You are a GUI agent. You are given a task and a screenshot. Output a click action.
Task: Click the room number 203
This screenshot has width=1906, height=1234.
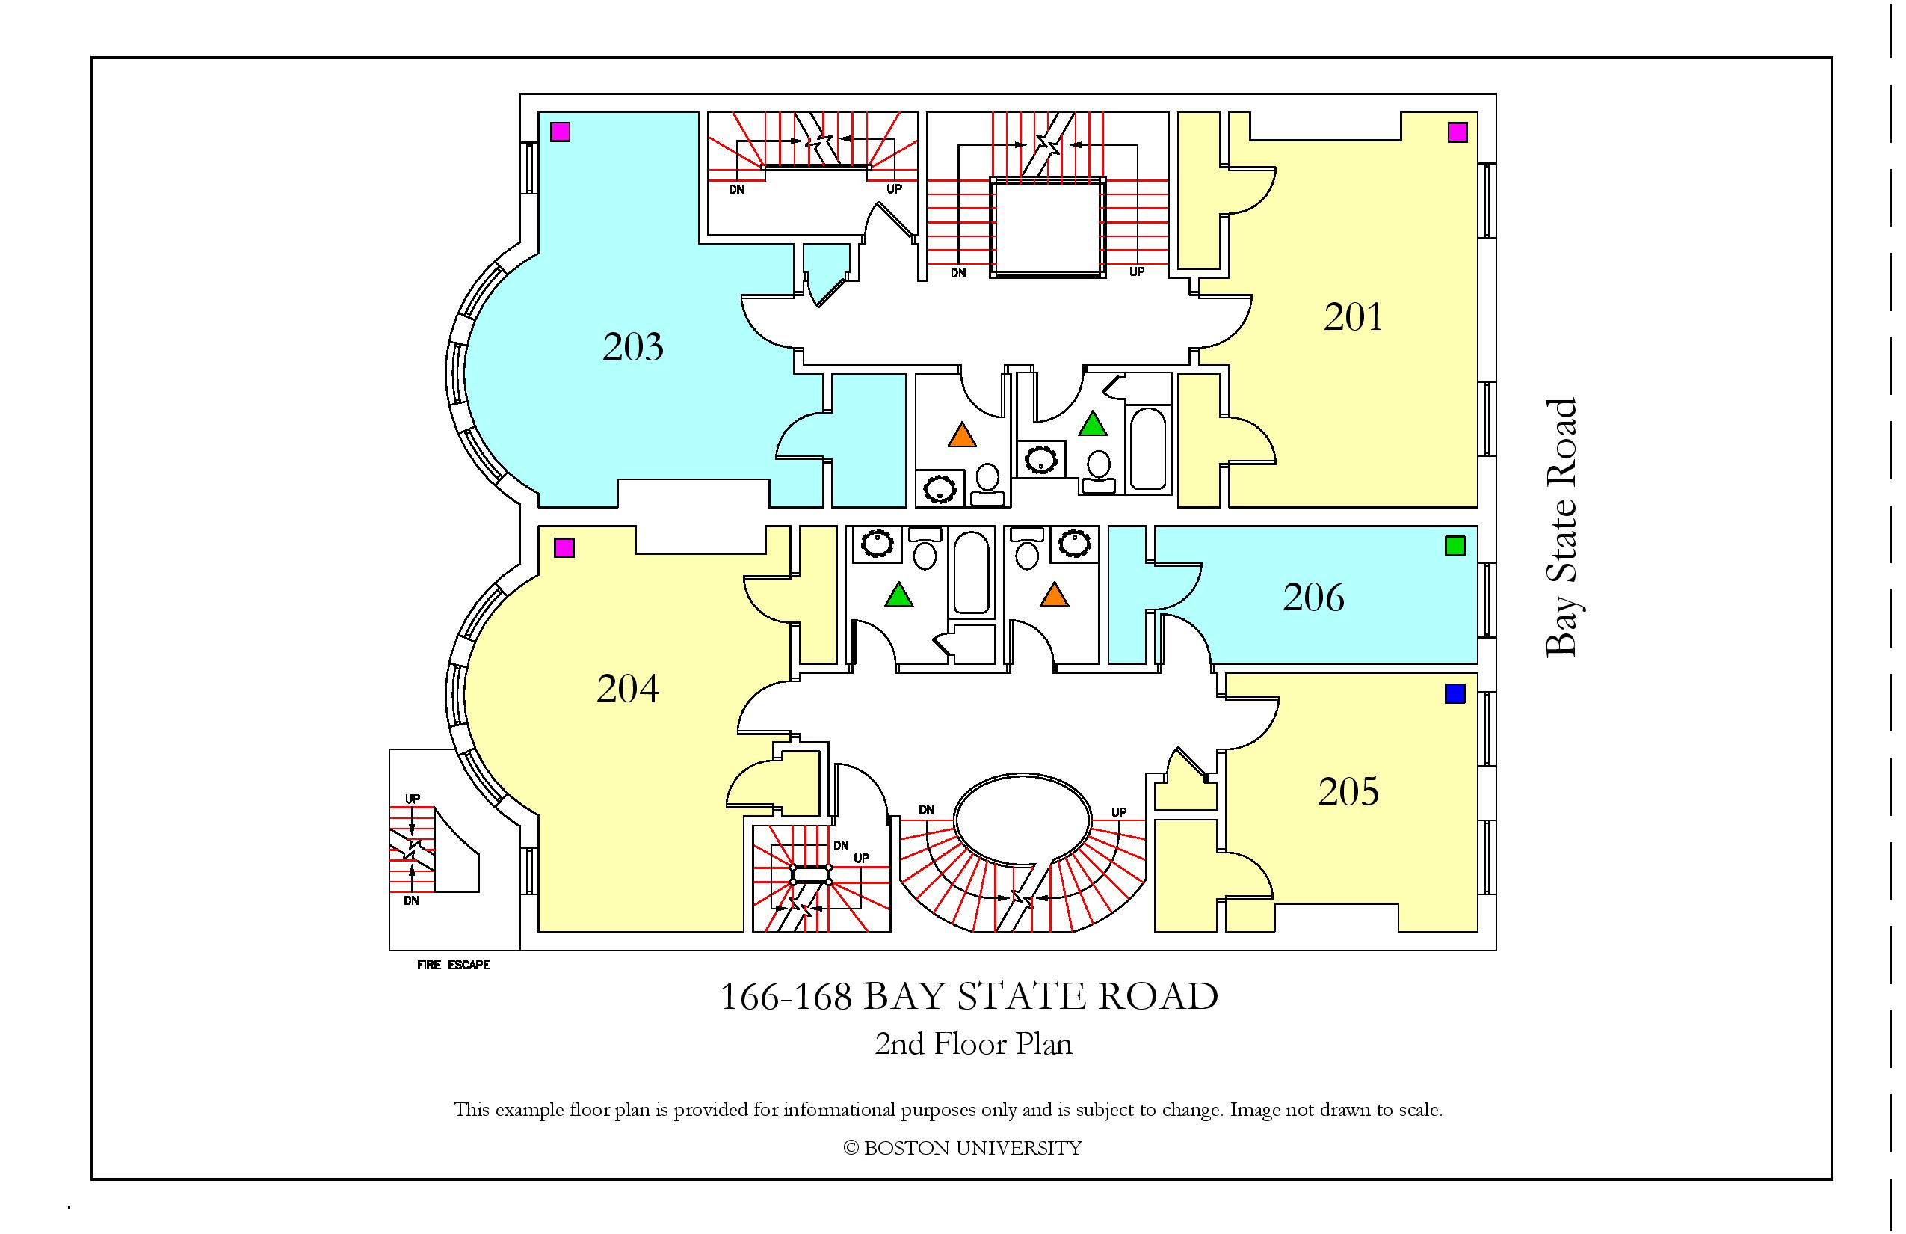click(632, 347)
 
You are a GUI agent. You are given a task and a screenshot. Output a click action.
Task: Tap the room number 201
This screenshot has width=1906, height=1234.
click(1354, 317)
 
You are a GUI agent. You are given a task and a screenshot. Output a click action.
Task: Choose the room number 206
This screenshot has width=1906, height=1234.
click(1313, 598)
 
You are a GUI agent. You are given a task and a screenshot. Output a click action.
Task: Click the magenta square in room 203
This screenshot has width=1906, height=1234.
click(561, 132)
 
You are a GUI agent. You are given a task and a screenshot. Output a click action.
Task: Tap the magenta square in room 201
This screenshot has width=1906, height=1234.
click(1458, 132)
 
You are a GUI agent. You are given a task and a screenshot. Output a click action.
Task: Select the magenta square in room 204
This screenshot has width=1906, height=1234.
click(564, 548)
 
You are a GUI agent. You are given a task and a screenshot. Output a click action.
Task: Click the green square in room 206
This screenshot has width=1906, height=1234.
click(1455, 546)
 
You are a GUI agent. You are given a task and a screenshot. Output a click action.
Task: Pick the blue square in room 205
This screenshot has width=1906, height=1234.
click(1455, 693)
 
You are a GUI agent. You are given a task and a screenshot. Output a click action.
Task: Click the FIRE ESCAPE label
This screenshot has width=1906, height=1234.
click(453, 965)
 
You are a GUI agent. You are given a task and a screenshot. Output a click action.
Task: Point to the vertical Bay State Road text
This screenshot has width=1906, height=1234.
click(1561, 527)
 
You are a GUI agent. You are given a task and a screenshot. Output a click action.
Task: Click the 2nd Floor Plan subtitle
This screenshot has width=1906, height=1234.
click(973, 1043)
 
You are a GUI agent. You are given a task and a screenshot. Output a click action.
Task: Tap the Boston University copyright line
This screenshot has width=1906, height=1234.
click(963, 1148)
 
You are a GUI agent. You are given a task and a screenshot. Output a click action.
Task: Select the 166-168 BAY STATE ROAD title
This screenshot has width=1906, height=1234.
click(969, 997)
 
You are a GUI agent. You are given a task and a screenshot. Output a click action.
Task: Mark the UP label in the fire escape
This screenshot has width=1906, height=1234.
click(413, 799)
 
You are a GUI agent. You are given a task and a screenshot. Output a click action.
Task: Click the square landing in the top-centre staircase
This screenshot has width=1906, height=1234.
click(1047, 227)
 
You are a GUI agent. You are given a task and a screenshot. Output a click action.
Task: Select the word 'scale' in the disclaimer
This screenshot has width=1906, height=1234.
click(1419, 1111)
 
